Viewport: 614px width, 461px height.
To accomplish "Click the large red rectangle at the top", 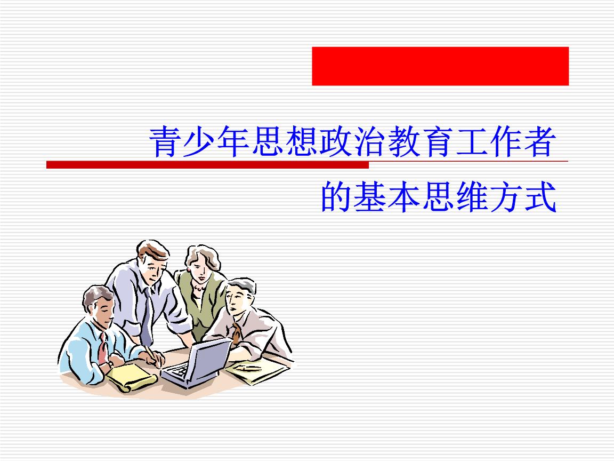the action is [440, 66].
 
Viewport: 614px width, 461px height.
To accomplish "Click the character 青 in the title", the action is [165, 141].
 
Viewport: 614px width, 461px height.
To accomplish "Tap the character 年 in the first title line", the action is [233, 141].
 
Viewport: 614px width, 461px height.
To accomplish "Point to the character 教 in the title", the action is [403, 141].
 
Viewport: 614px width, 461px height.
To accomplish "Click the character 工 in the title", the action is [472, 141].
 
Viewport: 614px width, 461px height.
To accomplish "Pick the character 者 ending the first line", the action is [540, 141].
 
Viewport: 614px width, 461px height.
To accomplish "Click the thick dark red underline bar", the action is [207, 165].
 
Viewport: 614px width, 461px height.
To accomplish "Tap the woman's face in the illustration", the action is [198, 268].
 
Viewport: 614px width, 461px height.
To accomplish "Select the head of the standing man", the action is [153, 261].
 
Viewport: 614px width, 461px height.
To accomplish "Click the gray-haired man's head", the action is [240, 297].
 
